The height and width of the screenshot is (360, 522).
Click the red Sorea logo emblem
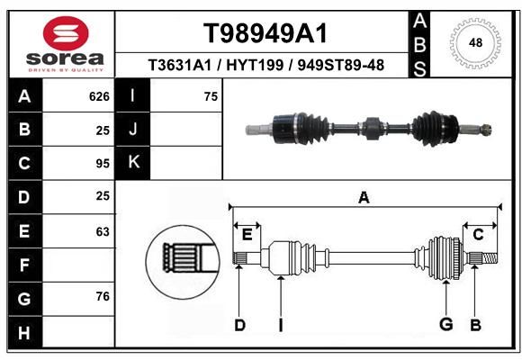point(66,33)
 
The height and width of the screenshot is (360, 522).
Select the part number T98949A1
point(265,33)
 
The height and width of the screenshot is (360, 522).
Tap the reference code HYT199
point(255,66)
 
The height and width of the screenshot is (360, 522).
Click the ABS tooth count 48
point(475,42)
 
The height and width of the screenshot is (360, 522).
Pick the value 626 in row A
point(99,96)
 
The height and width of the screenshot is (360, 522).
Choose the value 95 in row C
point(103,164)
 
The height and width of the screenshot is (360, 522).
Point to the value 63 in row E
point(103,231)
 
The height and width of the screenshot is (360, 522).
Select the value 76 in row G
point(103,296)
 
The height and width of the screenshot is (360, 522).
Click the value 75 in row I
point(211,96)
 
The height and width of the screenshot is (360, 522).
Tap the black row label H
point(24,333)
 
